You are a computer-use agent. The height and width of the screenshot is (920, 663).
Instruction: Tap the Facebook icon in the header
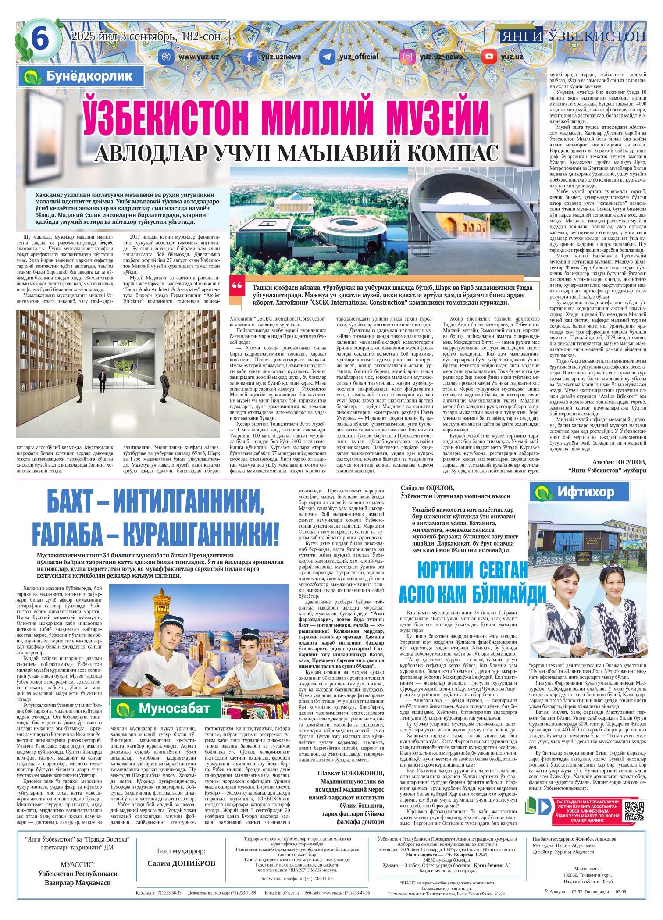click(250, 57)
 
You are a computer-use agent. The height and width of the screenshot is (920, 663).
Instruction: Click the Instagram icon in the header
click(407, 57)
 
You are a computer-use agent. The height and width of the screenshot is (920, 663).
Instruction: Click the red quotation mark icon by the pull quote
click(237, 286)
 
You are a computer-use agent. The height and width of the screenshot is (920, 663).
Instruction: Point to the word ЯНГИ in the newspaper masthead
click(521, 36)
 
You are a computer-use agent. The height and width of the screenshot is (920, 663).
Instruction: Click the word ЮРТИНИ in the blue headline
click(446, 571)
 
